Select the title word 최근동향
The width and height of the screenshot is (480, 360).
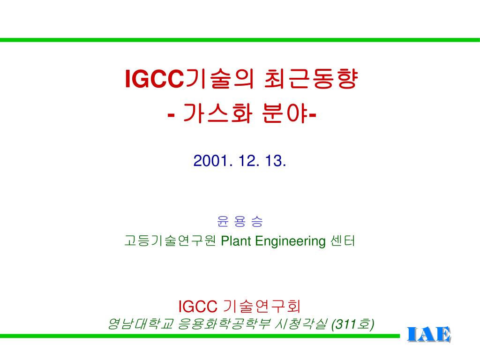click(x=310, y=79)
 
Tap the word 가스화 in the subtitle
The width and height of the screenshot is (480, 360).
click(x=217, y=113)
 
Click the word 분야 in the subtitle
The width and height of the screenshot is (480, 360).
click(x=285, y=113)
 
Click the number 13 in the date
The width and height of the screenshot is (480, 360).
click(x=273, y=161)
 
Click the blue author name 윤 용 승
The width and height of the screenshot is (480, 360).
click(x=240, y=221)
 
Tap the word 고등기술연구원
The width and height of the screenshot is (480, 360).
click(x=170, y=240)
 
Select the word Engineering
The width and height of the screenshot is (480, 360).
click(x=290, y=241)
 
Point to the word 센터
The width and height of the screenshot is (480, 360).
click(x=343, y=240)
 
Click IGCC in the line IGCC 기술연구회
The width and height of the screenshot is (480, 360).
click(x=197, y=306)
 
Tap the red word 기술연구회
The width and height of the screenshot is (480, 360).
click(x=262, y=306)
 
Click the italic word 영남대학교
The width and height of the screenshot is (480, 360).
click(x=141, y=323)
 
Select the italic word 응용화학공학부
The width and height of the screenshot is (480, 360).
click(x=224, y=323)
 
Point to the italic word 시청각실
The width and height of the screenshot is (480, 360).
click(x=301, y=323)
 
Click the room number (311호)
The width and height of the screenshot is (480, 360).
click(x=352, y=324)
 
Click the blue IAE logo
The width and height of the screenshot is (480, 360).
click(x=429, y=334)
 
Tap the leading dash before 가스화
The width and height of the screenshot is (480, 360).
click(x=171, y=116)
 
